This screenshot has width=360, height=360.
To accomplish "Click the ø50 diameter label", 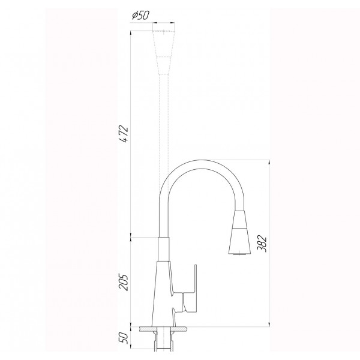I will [x=140, y=15].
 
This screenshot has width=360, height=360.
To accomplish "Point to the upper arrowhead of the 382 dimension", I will [x=268, y=163].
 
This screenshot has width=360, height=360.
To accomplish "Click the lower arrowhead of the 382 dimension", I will [x=268, y=325].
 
